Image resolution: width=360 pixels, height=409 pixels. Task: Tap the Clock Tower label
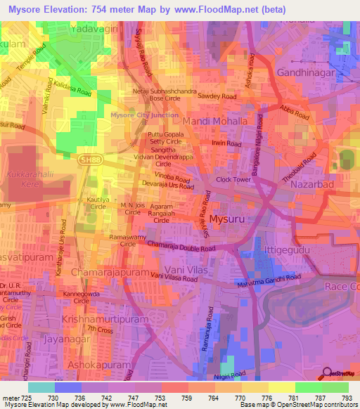233,179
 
